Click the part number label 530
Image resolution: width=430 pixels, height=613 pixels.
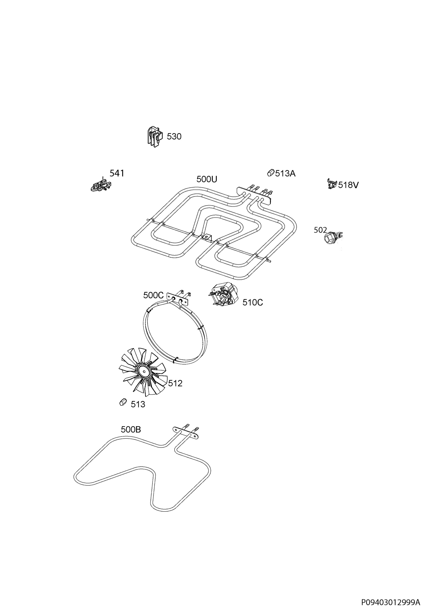click(174, 136)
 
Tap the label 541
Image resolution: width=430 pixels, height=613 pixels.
click(117, 173)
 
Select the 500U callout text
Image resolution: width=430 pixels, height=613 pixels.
click(207, 179)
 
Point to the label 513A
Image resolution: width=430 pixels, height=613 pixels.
click(285, 173)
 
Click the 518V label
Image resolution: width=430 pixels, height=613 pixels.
click(348, 185)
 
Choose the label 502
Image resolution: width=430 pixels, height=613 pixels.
click(320, 230)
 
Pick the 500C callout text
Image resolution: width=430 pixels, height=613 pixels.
click(153, 295)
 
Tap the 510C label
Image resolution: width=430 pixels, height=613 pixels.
click(253, 302)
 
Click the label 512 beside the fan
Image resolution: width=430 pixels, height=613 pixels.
click(175, 383)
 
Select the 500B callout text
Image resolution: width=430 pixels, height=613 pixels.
click(131, 430)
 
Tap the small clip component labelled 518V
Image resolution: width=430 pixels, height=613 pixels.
click(332, 184)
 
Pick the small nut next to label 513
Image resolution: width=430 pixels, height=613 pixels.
click(123, 402)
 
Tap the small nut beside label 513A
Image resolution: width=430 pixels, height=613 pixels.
click(271, 172)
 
